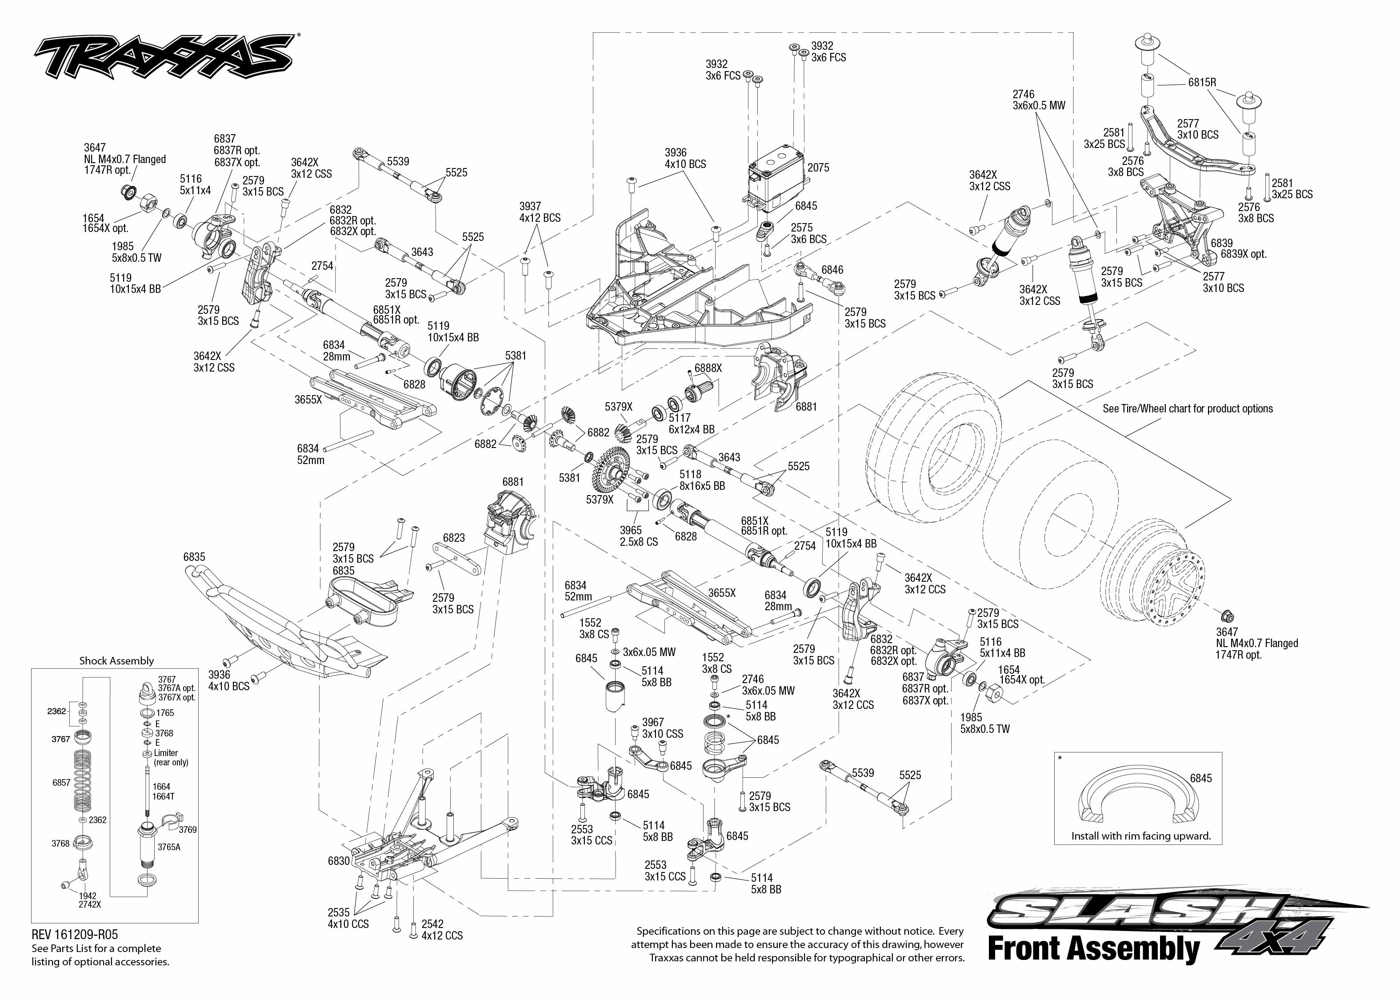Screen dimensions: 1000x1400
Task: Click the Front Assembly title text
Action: click(1093, 949)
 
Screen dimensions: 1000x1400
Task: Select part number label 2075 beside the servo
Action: click(818, 168)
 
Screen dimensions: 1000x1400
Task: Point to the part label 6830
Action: click(339, 861)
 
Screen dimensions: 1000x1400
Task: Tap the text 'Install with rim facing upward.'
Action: click(1141, 836)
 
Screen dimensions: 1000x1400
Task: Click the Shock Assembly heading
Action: click(116, 661)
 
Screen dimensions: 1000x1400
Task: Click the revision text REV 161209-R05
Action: click(75, 935)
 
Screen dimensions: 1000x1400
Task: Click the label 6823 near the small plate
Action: click(454, 538)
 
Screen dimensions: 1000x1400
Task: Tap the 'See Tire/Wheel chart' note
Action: click(1188, 408)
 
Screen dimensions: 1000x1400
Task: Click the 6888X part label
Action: click(708, 368)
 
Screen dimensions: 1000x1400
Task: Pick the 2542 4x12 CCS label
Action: click(441, 930)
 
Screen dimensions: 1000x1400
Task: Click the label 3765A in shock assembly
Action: click(169, 847)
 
